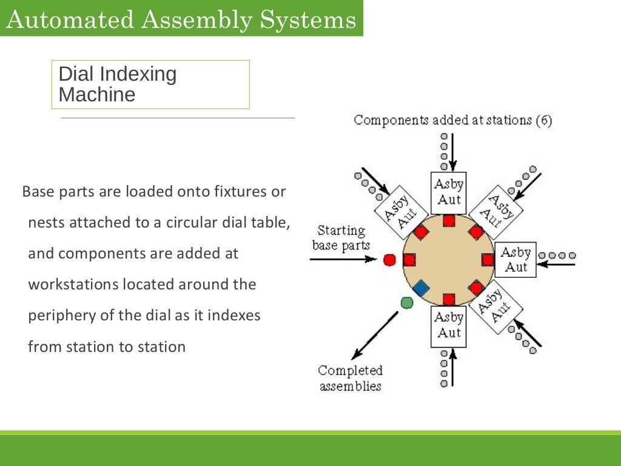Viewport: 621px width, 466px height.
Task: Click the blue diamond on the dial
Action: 421,288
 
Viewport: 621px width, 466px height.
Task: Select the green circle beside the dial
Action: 407,302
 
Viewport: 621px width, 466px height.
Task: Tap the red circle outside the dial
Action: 389,260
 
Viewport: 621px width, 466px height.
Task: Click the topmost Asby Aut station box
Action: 449,192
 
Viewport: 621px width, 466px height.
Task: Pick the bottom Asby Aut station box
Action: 449,326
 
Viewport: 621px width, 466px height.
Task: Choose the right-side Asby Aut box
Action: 515,260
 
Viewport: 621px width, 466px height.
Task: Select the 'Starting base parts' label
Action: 340,238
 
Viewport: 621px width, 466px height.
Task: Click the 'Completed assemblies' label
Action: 351,378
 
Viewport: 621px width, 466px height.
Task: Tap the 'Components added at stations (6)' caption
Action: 452,120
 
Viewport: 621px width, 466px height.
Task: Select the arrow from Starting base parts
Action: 343,259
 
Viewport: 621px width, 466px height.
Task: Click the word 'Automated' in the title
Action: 69,19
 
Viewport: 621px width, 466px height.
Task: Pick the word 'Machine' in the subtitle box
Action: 97,95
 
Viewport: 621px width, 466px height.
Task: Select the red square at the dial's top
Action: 449,220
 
